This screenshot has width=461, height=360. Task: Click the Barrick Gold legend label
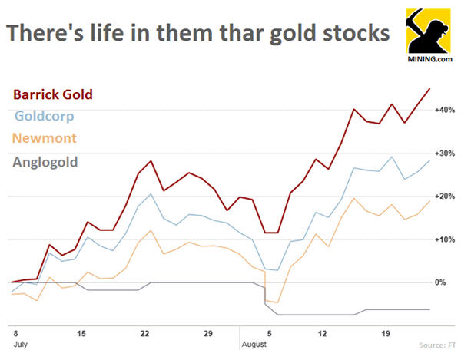[53, 94]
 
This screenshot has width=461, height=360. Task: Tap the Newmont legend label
[46, 139]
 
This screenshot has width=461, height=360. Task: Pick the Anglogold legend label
[46, 162]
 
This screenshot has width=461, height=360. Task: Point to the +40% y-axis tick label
[446, 111]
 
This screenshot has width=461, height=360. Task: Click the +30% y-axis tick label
[446, 154]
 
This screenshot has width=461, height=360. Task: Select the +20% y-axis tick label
[446, 197]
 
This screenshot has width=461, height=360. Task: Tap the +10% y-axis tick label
[446, 239]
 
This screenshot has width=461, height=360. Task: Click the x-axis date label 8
[15, 335]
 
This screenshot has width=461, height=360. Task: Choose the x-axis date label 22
[144, 335]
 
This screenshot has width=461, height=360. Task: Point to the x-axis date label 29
[208, 335]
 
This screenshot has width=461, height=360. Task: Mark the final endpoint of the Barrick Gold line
[429, 89]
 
